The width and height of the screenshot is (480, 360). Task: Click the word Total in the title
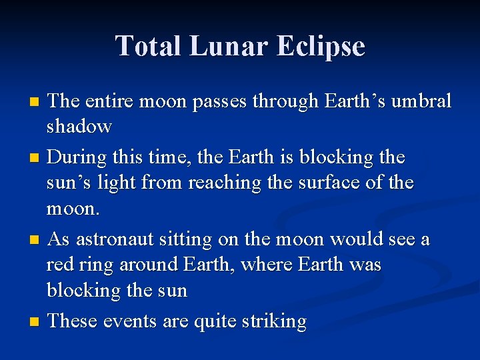pyautogui.click(x=149, y=46)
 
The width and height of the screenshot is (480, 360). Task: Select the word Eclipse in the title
pyautogui.click(x=323, y=46)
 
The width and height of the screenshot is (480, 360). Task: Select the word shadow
pyautogui.click(x=79, y=126)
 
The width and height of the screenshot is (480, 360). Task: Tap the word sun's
pyautogui.click(x=69, y=183)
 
